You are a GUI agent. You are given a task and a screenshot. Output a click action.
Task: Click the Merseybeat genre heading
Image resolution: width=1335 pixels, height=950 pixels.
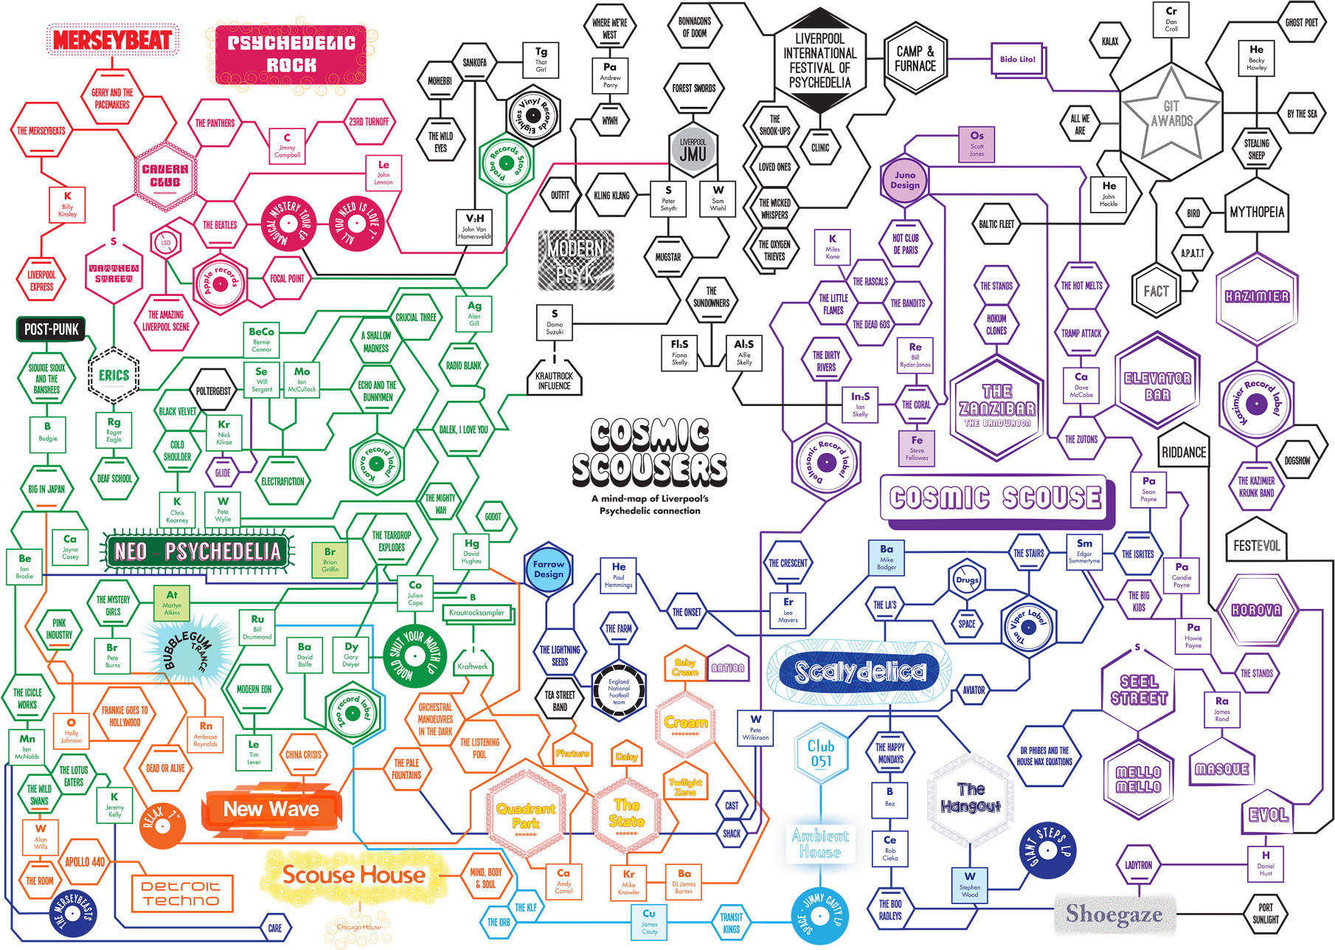click(x=112, y=40)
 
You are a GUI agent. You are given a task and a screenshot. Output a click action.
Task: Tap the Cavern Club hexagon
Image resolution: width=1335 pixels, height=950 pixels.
click(x=165, y=175)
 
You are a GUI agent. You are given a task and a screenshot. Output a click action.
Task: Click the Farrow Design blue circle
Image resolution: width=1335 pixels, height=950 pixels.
click(x=548, y=569)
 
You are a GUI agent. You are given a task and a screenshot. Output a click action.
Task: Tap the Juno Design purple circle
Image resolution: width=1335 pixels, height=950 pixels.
click(x=904, y=179)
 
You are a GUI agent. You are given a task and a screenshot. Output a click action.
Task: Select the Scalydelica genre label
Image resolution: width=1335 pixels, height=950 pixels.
click(x=859, y=672)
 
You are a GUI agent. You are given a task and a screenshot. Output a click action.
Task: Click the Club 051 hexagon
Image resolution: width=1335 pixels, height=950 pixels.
click(x=821, y=754)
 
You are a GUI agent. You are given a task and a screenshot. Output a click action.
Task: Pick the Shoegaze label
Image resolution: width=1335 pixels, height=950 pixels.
click(x=1114, y=914)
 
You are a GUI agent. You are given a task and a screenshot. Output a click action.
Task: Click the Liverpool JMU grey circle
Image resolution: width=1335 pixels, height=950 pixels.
click(x=693, y=151)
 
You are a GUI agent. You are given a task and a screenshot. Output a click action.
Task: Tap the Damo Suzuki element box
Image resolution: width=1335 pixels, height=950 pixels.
click(x=555, y=322)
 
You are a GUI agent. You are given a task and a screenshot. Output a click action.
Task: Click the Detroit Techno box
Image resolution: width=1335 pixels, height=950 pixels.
click(x=181, y=893)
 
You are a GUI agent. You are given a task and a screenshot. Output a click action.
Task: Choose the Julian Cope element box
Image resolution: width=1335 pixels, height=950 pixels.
click(x=415, y=593)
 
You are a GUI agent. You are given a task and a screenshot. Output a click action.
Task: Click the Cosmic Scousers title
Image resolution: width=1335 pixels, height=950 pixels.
click(x=650, y=452)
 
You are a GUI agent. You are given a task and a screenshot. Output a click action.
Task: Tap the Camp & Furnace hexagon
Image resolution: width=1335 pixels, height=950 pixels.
click(x=915, y=58)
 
